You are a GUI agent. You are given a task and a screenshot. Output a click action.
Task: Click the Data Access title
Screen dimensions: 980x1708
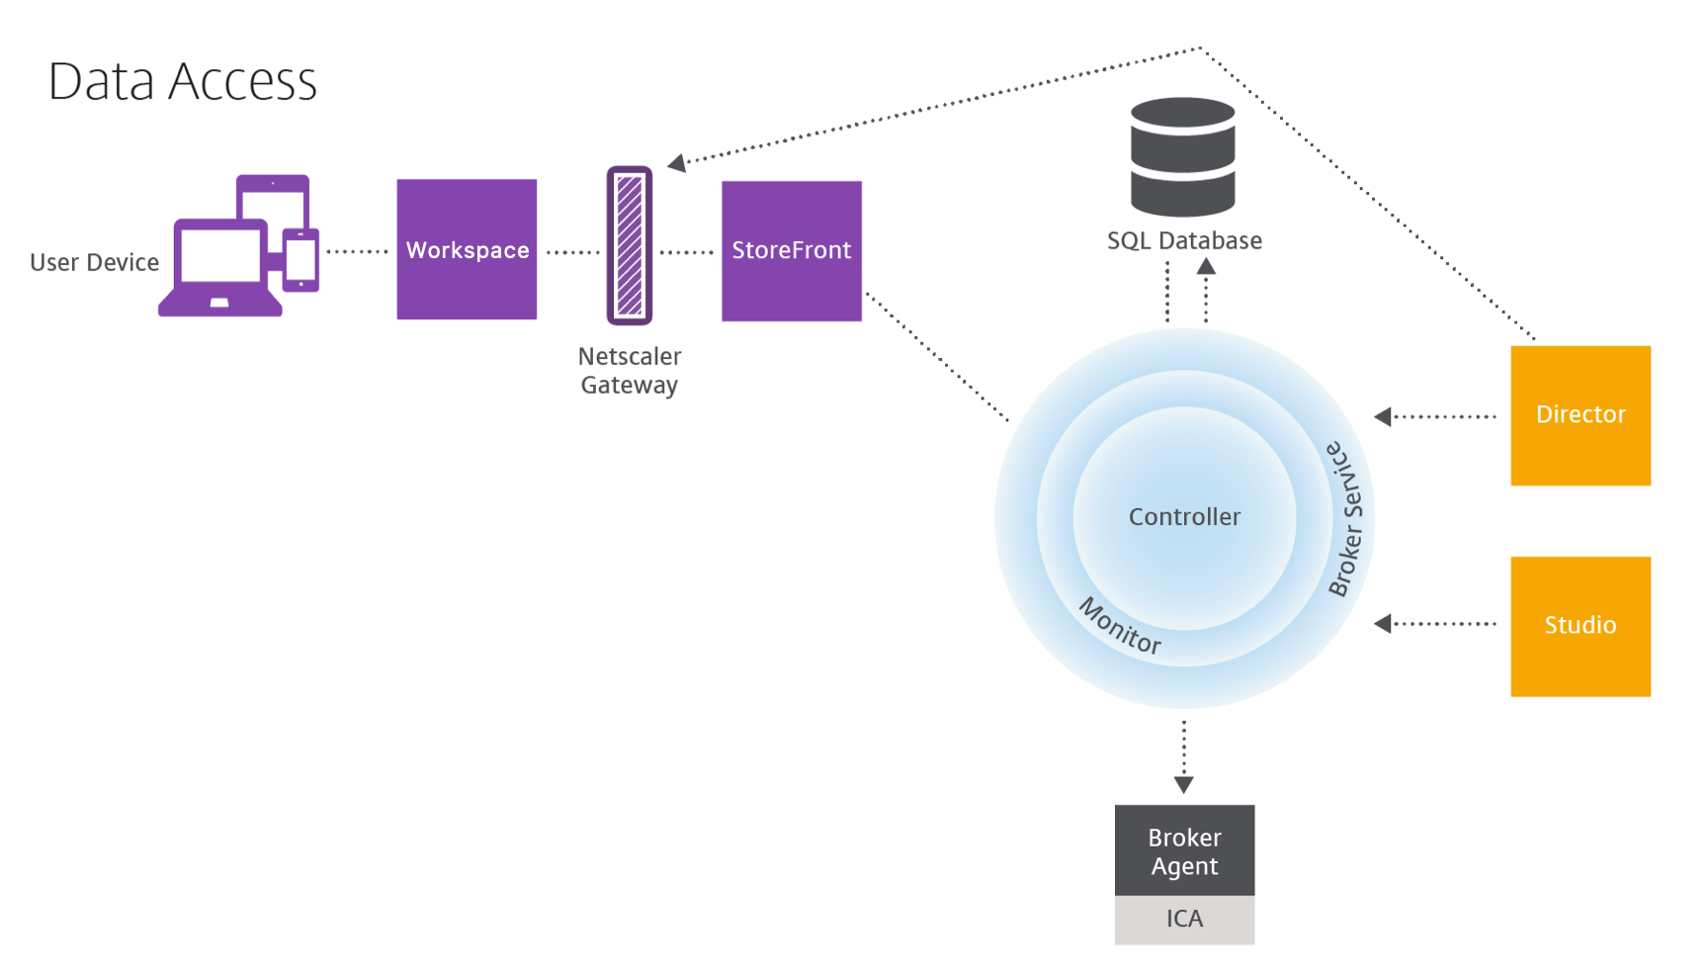(x=183, y=81)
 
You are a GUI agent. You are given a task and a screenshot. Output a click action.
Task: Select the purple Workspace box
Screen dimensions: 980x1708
(x=467, y=249)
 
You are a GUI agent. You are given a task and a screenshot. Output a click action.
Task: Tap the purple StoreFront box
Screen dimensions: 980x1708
(x=791, y=250)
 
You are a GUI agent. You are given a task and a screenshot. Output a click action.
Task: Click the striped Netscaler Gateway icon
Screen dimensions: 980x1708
(x=630, y=245)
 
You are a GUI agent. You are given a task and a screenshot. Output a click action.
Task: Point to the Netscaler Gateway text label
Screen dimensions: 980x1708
(x=630, y=371)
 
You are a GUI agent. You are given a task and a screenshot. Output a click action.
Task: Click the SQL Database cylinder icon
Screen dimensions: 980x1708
(x=1182, y=156)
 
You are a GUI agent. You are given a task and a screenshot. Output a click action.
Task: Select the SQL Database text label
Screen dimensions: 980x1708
(x=1183, y=241)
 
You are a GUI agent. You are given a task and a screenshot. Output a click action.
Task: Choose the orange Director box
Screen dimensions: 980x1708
(x=1580, y=415)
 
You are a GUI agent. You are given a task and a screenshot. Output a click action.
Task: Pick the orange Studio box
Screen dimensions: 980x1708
(x=1580, y=626)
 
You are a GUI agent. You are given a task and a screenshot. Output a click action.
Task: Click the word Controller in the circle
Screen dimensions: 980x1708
(x=1184, y=516)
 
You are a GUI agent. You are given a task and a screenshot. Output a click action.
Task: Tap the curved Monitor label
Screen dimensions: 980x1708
(x=1120, y=626)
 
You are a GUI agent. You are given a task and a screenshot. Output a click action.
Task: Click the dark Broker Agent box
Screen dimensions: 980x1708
(x=1184, y=850)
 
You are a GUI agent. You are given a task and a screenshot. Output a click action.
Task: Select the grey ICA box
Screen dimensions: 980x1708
(x=1184, y=920)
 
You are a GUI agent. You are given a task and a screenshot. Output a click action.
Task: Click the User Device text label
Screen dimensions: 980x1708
(x=94, y=262)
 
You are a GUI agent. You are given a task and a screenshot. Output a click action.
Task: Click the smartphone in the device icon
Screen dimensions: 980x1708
(x=300, y=260)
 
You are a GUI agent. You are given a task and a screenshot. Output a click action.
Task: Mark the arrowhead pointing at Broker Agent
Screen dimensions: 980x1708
(x=1183, y=785)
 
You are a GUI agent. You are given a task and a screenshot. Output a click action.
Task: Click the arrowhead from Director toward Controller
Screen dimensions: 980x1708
(x=1383, y=416)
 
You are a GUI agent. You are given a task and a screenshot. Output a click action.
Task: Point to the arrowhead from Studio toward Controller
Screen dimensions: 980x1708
(x=1383, y=623)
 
